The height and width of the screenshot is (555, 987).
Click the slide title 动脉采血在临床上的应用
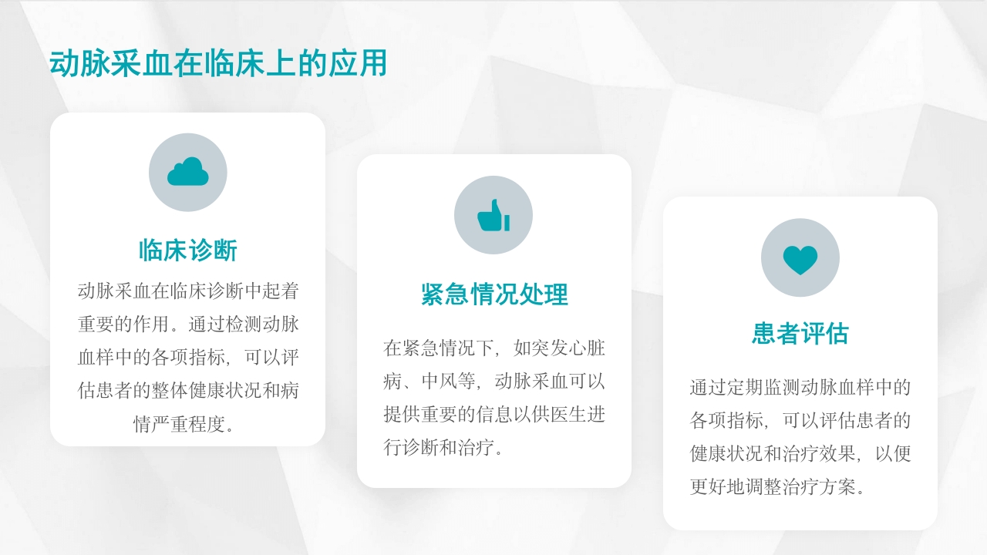point(217,64)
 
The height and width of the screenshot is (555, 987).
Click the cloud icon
point(188,172)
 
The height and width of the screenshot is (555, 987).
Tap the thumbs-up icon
point(493,215)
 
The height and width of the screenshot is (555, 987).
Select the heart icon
point(800,258)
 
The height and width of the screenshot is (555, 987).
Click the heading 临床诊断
point(188,251)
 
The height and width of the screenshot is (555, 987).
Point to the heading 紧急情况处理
point(494,294)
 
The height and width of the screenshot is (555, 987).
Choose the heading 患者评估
point(800,334)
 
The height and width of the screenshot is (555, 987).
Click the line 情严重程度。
point(188,425)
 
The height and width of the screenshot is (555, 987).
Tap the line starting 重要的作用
point(188,324)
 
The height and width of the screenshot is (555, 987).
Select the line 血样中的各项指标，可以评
point(188,358)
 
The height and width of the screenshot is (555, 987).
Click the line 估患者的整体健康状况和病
point(188,391)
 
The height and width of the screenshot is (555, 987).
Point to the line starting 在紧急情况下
point(494,348)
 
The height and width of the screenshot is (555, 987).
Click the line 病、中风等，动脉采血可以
point(494,381)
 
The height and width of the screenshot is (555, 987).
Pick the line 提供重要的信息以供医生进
point(494,415)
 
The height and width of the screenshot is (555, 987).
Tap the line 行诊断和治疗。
point(445,448)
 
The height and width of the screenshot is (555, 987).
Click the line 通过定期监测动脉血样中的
point(800,387)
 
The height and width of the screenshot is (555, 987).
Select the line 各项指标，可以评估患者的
point(800,421)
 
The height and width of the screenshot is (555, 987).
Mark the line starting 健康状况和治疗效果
point(800,454)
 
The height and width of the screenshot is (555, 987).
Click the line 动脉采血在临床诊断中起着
point(188,291)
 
